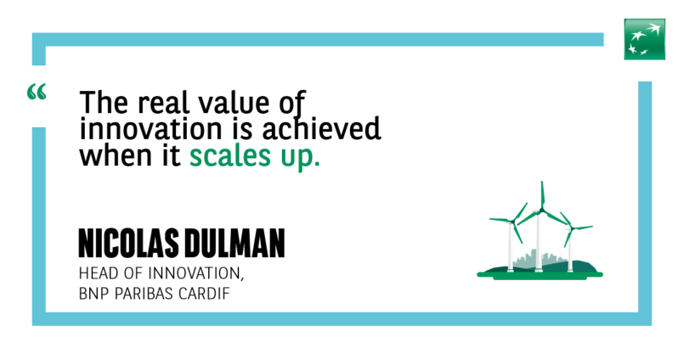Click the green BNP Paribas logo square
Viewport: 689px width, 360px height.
[x=645, y=39]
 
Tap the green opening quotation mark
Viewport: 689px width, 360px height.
[x=37, y=92]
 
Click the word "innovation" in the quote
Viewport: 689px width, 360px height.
[x=150, y=129]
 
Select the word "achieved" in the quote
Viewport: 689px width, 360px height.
[x=321, y=129]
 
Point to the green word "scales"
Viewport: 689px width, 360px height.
[x=230, y=156]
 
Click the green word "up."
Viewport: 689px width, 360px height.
[x=300, y=158]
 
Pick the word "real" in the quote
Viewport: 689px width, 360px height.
[x=163, y=102]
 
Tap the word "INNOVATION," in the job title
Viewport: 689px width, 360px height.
[x=195, y=274]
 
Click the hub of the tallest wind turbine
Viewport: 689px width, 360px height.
[x=542, y=211]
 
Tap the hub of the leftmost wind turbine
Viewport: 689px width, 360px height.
[x=513, y=222]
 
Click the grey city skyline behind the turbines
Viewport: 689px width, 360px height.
[x=539, y=259]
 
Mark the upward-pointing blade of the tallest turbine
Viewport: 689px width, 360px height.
[x=542, y=195]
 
